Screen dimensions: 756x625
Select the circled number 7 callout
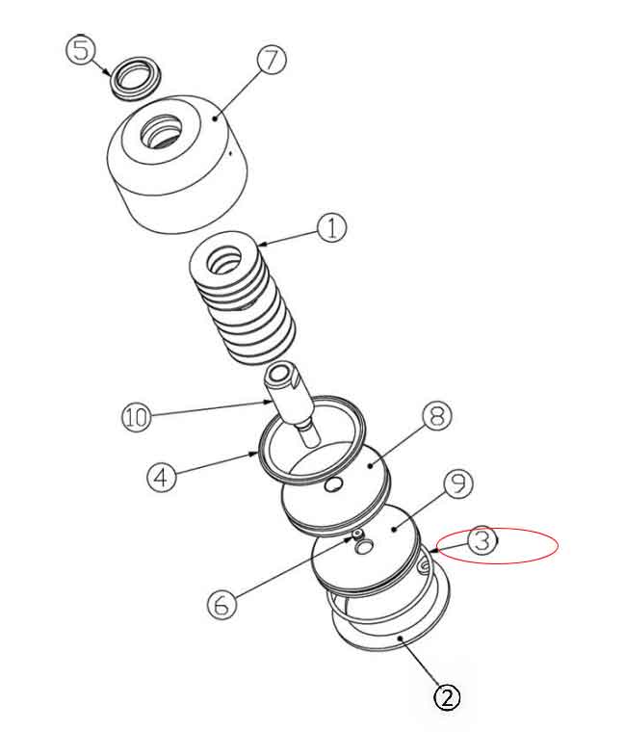272,60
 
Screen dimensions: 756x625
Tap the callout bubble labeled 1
331,228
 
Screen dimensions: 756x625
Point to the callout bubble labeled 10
137,417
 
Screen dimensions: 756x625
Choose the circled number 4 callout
162,477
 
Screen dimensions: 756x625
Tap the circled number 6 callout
221,604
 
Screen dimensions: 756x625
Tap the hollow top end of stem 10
280,373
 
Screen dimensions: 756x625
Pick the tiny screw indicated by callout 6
356,534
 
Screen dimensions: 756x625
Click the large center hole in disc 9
365,547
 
